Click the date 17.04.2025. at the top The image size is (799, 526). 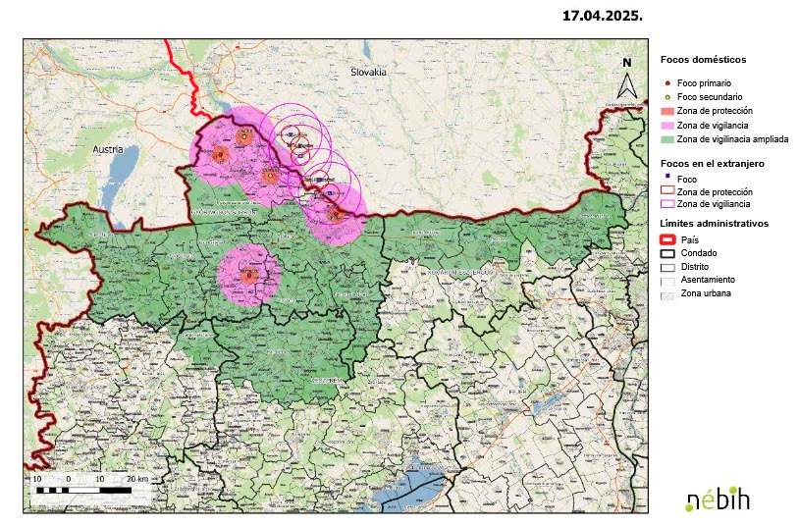coord(602,16)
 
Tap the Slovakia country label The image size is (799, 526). coord(369,73)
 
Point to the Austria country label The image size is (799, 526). coord(107,149)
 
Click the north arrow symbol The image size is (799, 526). coord(626,79)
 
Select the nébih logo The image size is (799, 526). coord(717,498)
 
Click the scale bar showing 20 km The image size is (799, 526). coord(83,484)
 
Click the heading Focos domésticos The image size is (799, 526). coord(703,60)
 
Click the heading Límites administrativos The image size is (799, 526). coord(714,224)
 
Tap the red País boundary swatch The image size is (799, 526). coord(667,239)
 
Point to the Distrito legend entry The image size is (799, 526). coord(693,266)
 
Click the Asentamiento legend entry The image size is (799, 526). coord(707,280)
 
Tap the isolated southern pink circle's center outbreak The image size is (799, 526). coord(248,276)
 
